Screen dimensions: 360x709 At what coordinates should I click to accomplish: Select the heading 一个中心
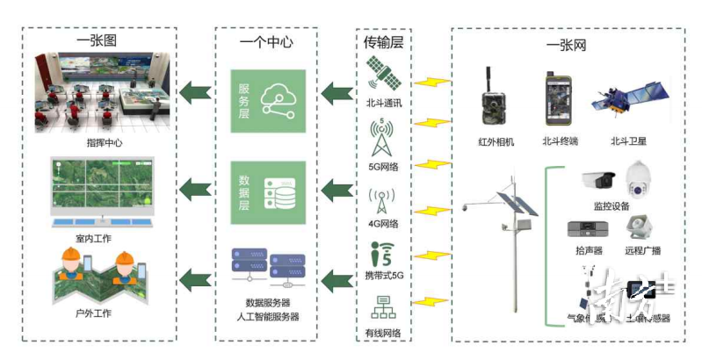266,41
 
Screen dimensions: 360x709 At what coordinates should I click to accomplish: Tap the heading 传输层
383,40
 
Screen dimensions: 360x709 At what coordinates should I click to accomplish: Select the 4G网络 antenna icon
383,201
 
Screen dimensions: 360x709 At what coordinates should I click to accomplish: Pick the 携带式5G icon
383,256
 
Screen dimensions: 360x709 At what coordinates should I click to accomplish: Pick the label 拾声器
583,251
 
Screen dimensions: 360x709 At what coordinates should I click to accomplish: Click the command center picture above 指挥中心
98,93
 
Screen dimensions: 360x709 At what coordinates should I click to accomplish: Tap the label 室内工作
94,237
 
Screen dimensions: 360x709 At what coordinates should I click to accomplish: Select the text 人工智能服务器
267,316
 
